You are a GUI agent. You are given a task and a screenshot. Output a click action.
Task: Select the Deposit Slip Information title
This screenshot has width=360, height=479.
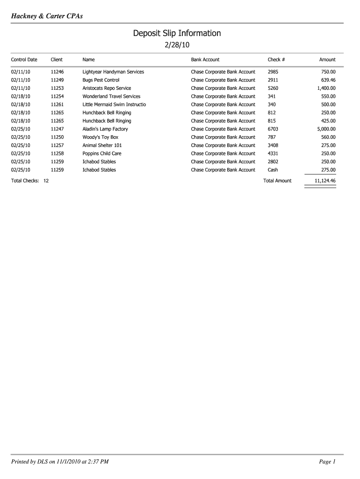point(177,33)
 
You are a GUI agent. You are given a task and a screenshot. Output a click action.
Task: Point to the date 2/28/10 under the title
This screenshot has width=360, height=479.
point(177,45)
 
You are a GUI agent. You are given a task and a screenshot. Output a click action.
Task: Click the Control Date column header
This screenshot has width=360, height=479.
point(24,60)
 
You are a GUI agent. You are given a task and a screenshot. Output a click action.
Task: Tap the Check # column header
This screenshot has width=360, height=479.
point(276,60)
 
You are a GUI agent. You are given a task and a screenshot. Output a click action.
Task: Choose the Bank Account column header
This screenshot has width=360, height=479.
point(205,60)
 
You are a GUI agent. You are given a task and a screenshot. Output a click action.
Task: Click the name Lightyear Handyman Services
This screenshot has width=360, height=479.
point(113,72)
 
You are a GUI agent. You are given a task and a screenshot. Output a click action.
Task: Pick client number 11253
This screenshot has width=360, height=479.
point(57,88)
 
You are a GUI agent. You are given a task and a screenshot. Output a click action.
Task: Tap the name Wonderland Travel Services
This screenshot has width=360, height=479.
point(111,96)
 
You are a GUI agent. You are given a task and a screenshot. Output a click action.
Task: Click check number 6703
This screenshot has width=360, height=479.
point(273,129)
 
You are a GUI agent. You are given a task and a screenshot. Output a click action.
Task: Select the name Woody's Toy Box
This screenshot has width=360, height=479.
point(101,137)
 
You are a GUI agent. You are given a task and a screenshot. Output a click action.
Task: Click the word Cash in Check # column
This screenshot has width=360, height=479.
point(273,170)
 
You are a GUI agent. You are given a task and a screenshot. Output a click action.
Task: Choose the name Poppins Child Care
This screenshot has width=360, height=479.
point(102,153)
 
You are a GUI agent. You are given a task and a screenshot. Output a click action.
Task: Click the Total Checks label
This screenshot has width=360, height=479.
point(25,181)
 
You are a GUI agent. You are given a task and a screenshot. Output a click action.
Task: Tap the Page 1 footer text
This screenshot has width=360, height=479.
point(327,462)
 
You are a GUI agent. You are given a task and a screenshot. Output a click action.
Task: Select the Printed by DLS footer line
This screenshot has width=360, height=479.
point(60,462)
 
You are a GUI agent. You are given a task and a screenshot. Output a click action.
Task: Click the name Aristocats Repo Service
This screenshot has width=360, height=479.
point(107,88)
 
